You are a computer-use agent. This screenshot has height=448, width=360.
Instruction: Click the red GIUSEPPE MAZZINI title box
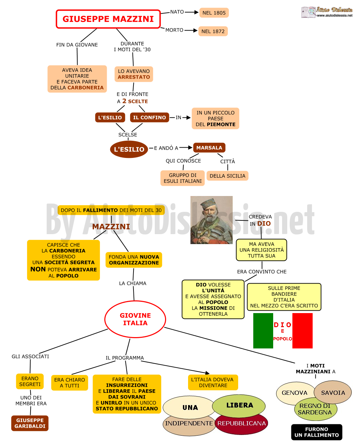pos(108,19)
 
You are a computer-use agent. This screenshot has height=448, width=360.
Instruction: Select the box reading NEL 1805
pos(214,13)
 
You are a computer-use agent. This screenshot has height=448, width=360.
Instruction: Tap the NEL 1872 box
pos(213,31)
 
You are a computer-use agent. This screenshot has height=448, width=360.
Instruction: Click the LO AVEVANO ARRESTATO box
pos(133,74)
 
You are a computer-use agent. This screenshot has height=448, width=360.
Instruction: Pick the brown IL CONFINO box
pos(149,117)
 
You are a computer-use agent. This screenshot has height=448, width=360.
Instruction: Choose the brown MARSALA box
pos(209,148)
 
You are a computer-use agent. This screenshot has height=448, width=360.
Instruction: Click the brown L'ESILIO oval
pos(129,149)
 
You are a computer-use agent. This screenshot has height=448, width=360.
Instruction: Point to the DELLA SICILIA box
pos(227,176)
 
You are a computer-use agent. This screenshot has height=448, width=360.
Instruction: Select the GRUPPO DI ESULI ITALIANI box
pos(183,178)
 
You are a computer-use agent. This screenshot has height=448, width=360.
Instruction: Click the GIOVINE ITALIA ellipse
pos(135,319)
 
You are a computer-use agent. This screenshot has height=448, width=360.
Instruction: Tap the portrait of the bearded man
pos(211,220)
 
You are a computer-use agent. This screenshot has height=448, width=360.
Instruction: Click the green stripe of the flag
pos(263,331)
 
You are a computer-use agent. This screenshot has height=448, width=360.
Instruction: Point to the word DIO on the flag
pos(282,325)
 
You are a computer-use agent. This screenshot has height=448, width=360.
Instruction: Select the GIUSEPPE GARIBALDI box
pos(30,423)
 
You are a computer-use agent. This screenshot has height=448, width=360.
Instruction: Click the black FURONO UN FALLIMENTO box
pos(316,432)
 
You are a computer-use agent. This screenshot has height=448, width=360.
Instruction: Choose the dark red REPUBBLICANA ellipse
pos(241,424)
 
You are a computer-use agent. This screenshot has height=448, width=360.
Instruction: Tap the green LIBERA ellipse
pos(239,406)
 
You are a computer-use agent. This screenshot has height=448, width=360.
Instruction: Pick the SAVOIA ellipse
pos(333,393)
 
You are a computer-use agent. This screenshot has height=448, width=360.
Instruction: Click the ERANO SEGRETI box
pos(30,381)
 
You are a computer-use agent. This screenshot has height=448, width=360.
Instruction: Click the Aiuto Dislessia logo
pos(327,12)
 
